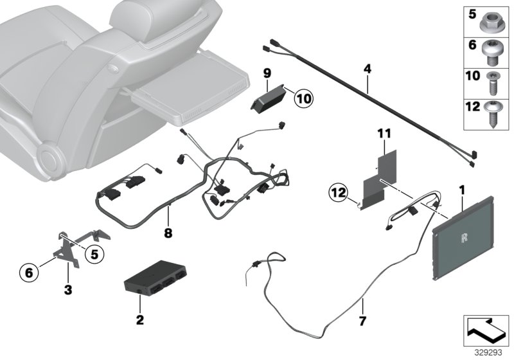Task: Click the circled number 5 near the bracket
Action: click(93, 255)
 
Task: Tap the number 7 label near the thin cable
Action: click(362, 319)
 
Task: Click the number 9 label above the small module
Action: click(267, 73)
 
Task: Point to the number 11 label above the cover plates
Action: click(384, 134)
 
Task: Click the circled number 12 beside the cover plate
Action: click(339, 191)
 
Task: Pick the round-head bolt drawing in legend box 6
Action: click(493, 50)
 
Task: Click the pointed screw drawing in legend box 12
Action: click(493, 114)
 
